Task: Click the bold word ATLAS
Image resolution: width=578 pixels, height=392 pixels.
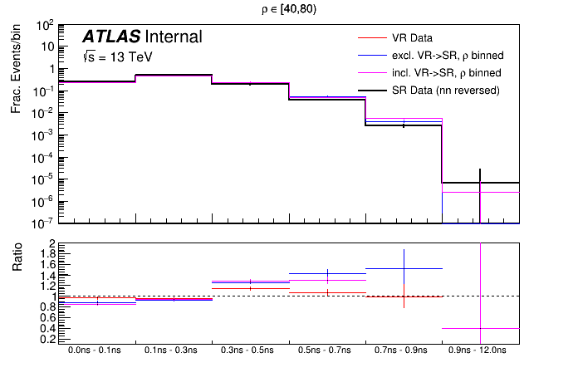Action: [110, 37]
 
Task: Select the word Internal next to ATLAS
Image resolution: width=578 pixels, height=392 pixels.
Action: [173, 37]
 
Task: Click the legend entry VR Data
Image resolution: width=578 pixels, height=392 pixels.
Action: [412, 38]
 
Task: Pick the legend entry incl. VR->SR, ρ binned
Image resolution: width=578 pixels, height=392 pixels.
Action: [446, 73]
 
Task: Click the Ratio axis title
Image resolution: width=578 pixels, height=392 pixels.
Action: [17, 262]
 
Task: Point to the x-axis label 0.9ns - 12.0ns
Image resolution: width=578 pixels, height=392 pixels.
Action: [481, 351]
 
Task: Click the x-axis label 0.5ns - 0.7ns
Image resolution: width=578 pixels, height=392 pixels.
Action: [327, 351]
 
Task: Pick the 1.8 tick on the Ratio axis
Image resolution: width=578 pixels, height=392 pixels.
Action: [48, 254]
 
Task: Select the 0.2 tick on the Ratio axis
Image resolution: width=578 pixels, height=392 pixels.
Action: [48, 339]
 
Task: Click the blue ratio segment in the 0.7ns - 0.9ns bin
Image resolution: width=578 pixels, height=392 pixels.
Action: [404, 268]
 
